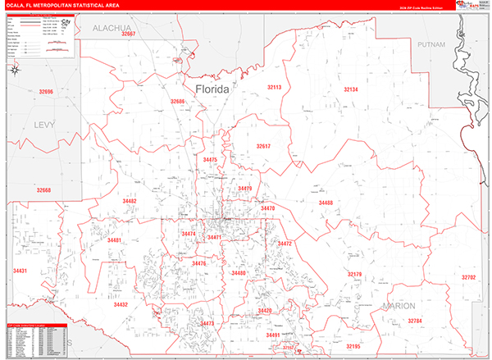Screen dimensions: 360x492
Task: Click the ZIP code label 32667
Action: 127,34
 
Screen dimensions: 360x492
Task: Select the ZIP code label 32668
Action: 43,190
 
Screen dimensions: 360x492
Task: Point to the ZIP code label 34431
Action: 20,271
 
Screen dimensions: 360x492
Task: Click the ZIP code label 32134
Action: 351,89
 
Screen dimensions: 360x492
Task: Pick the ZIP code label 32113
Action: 274,87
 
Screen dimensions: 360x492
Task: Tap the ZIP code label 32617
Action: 262,146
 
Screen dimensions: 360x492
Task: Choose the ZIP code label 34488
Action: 326,202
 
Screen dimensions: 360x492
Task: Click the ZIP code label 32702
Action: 468,277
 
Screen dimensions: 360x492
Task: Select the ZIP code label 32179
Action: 354,274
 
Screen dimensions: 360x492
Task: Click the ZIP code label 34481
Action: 114,240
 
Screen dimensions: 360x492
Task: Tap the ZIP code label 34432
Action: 121,304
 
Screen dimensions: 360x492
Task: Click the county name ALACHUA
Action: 112,27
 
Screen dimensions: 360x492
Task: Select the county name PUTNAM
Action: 430,43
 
